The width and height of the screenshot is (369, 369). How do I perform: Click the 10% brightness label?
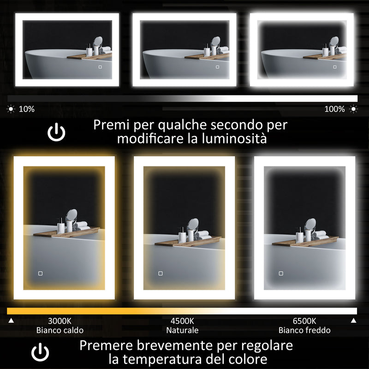(26, 109)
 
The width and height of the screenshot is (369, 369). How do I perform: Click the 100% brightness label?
(334, 109)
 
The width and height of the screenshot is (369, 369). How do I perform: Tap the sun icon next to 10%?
(11, 109)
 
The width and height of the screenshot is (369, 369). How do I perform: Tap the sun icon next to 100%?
(354, 109)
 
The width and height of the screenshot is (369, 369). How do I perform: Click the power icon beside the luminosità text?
(57, 133)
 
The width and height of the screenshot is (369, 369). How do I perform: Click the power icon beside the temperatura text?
(40, 353)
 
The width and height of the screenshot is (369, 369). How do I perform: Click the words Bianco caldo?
(60, 330)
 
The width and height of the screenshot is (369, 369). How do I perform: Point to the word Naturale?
(182, 330)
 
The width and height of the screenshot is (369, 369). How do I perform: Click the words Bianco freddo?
(304, 330)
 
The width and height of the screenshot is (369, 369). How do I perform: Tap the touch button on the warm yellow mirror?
(41, 273)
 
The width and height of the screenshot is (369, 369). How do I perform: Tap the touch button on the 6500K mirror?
(280, 273)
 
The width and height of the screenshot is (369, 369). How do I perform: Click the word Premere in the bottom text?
(110, 345)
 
